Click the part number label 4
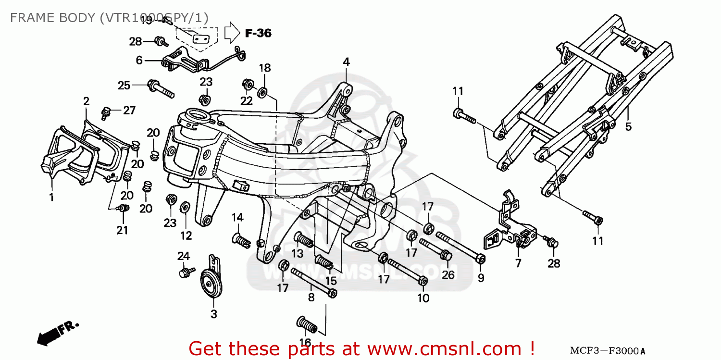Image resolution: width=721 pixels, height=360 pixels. (x=346, y=62)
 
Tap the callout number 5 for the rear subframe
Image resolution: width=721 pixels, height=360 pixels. (x=628, y=127)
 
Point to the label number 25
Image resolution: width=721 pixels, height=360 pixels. (x=124, y=86)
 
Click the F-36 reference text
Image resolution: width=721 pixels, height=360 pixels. (x=258, y=33)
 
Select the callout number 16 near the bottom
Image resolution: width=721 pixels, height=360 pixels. (x=305, y=342)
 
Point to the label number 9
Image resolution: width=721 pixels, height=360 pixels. (x=481, y=277)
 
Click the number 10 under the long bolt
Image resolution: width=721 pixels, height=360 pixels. (x=423, y=298)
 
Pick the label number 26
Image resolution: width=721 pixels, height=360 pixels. (x=448, y=275)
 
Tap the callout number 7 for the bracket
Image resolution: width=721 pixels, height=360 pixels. (x=518, y=263)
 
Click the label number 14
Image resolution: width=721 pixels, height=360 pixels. (x=237, y=217)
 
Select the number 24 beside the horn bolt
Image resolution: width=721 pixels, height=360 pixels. (x=184, y=256)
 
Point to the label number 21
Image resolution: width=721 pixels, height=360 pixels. (x=122, y=230)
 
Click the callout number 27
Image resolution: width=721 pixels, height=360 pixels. (x=129, y=111)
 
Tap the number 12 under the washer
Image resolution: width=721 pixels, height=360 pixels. (x=186, y=236)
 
